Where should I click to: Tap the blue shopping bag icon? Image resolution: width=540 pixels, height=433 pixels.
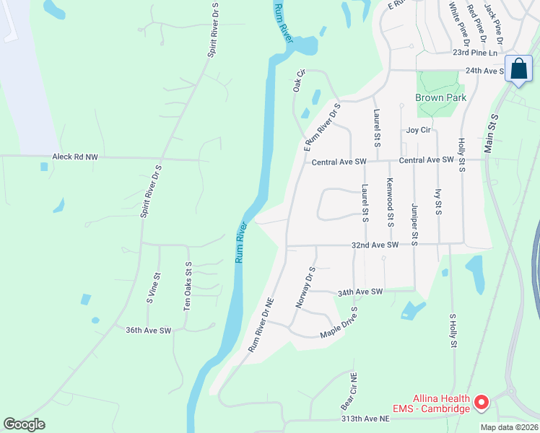click(x=518, y=69)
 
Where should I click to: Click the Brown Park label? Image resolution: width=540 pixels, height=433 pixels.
click(x=440, y=97)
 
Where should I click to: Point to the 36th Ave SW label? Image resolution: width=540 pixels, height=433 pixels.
click(x=148, y=331)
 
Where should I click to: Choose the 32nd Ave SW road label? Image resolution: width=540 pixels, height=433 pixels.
click(x=375, y=245)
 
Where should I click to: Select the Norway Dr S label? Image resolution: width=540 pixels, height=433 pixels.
click(x=306, y=287)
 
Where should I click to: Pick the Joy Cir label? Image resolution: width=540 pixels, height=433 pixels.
click(x=419, y=131)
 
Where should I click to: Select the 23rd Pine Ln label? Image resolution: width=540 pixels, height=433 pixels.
click(x=475, y=53)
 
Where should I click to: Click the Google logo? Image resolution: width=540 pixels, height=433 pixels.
click(x=24, y=424)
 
